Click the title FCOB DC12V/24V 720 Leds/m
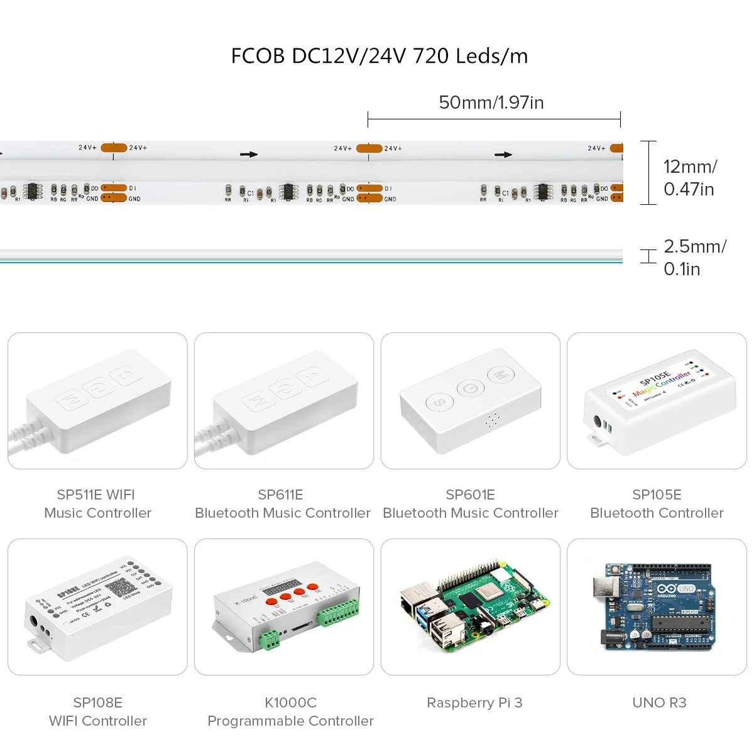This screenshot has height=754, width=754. [379, 56]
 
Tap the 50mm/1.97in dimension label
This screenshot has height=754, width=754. [491, 102]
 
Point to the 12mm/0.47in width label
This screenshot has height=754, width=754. [690, 178]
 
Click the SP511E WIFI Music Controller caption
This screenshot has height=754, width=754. [97, 504]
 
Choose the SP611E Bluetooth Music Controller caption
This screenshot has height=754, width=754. [283, 504]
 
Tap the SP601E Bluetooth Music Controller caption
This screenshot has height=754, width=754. [470, 504]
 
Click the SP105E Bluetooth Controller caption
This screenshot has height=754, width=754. [657, 504]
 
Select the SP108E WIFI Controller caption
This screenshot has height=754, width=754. [97, 712]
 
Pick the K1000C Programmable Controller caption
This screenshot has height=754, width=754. [290, 712]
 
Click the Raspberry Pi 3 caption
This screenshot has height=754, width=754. [474, 702]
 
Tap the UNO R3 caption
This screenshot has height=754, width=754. [659, 702]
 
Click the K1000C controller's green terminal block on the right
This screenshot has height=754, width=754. [339, 612]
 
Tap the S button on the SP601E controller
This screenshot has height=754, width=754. [439, 402]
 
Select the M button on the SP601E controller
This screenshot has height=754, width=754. [501, 375]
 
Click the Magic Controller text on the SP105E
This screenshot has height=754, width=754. [661, 384]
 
